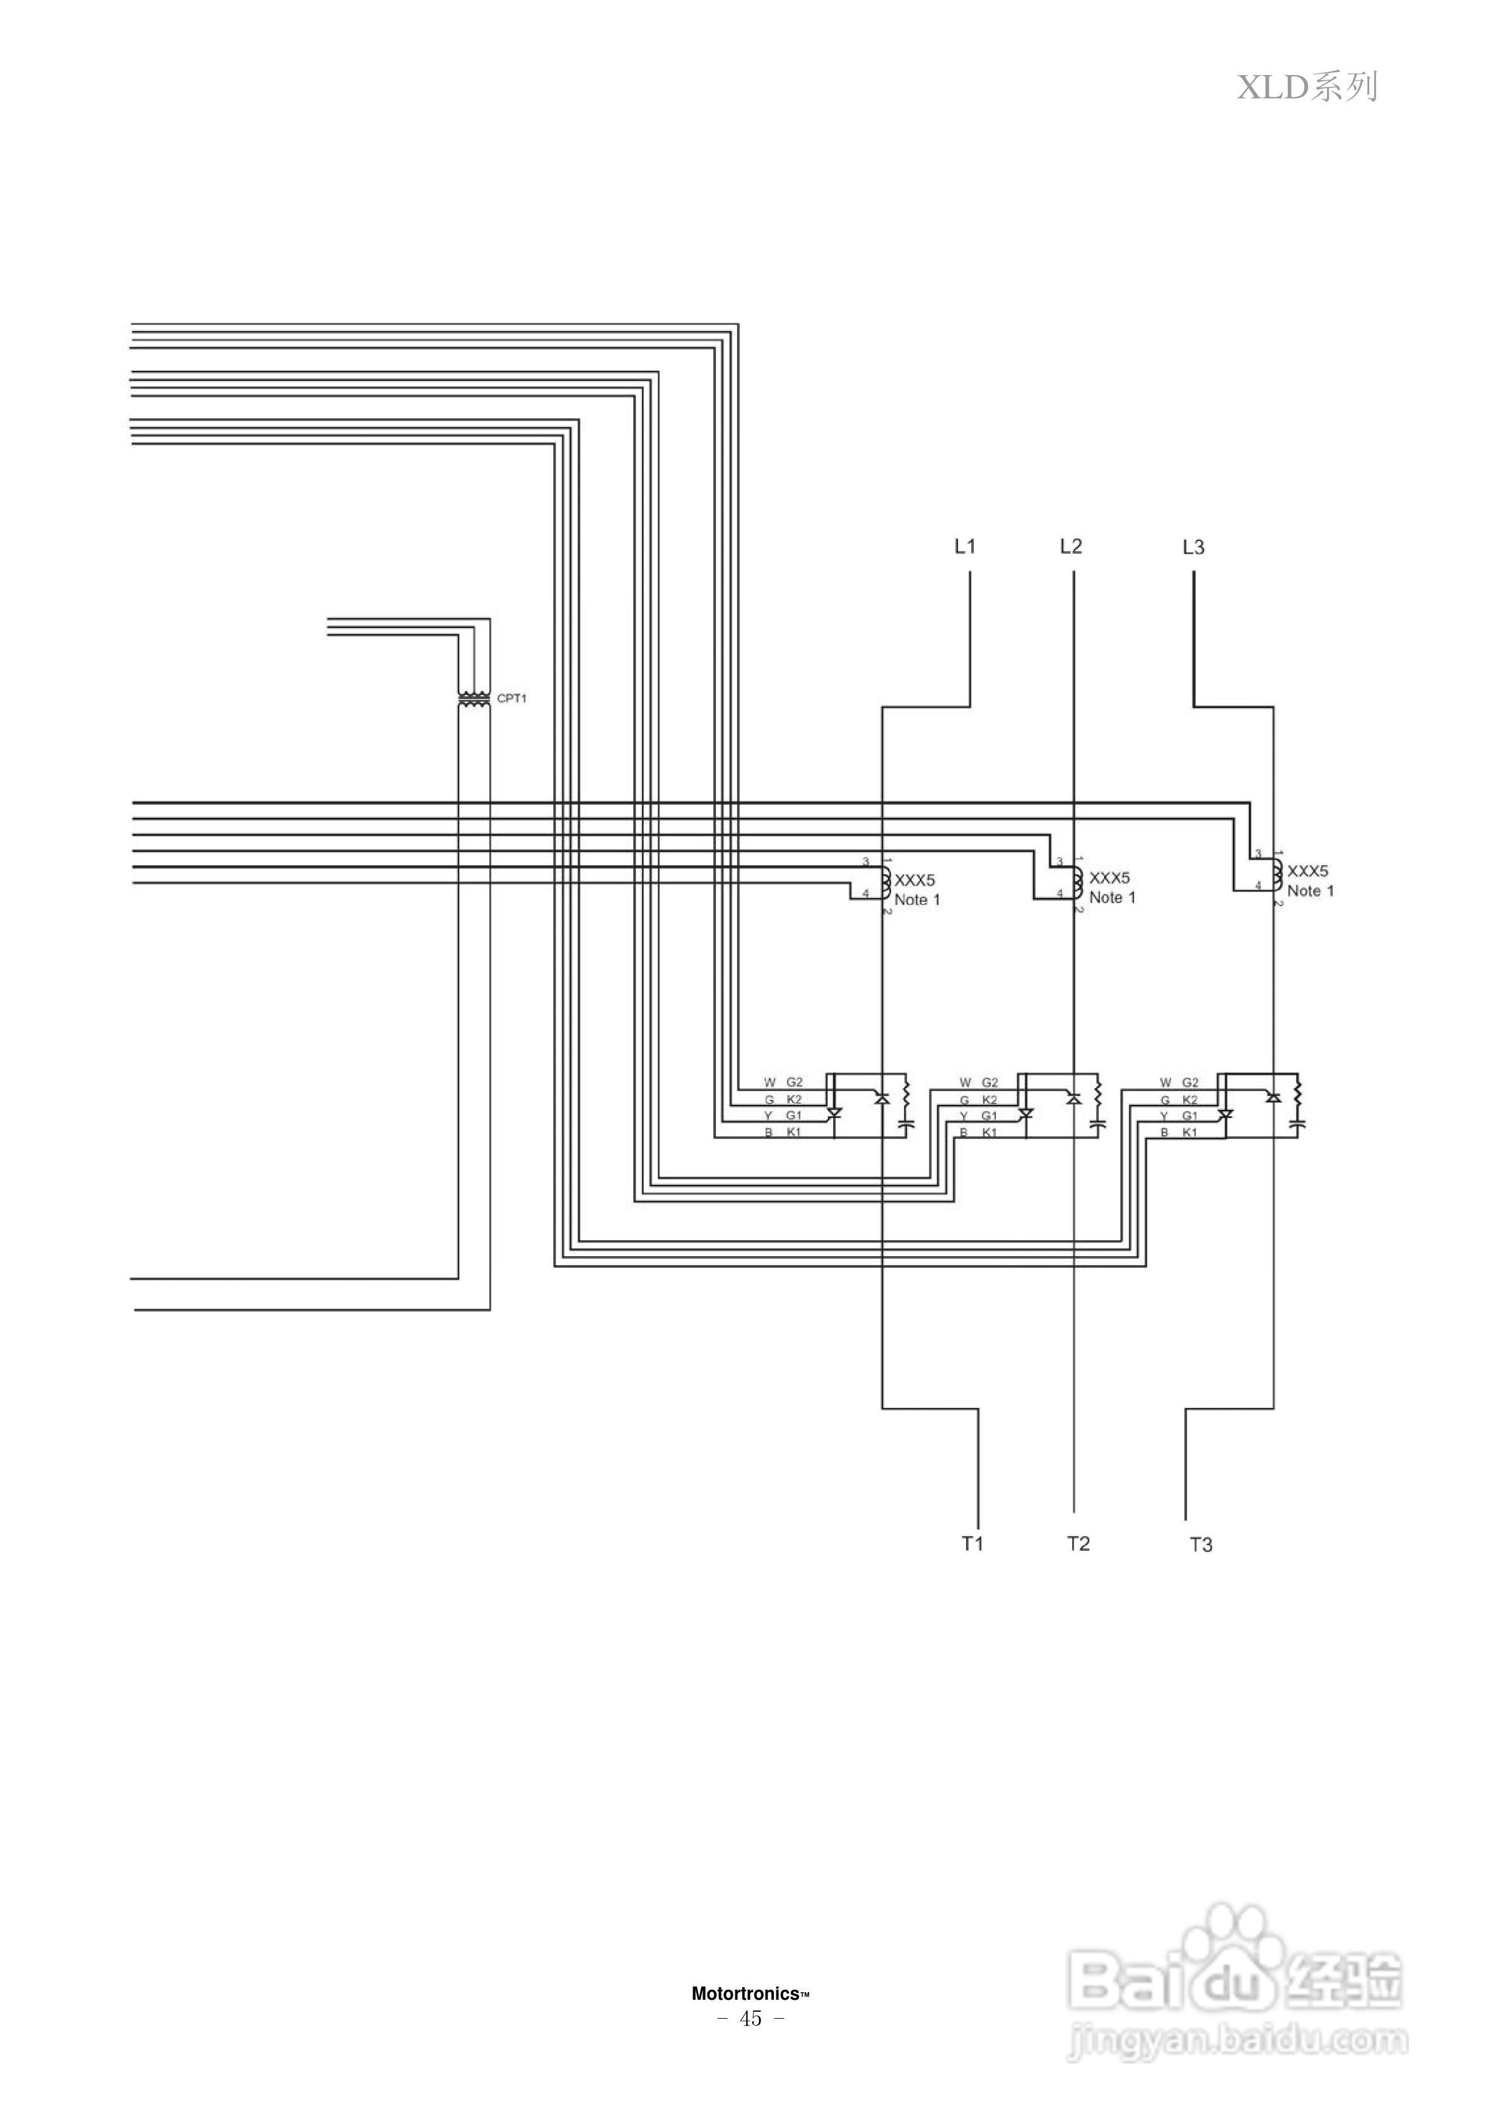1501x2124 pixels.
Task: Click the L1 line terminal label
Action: pos(964,547)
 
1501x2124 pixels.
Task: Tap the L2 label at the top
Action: pos(1071,547)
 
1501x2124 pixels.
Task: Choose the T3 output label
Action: pos(1200,1544)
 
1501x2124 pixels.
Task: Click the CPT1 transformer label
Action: pos(511,699)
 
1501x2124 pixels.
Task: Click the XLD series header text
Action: pos(1307,87)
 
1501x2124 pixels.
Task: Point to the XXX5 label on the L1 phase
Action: pos(914,880)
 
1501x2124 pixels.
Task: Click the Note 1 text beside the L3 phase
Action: pos(1311,891)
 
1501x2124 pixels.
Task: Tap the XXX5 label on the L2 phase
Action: pos(1109,878)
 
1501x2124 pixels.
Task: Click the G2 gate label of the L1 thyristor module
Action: pos(794,1082)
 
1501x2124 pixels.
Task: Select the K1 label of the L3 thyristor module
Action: pos(1190,1132)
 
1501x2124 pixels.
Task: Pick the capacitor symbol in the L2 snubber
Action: pos(1099,1124)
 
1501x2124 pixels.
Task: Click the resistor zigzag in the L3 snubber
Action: pos(1297,1092)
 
